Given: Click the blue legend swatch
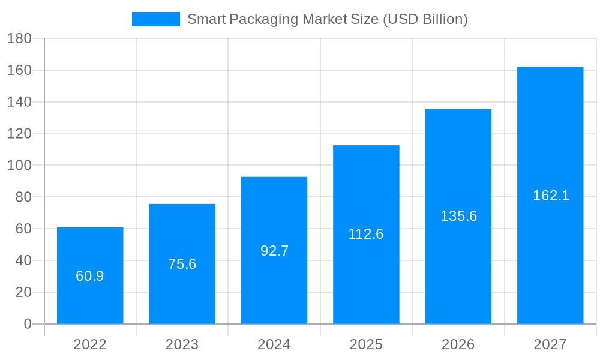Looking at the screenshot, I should click(x=155, y=19).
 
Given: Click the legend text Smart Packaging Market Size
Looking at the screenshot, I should click(x=327, y=19).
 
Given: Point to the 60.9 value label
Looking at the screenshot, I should click(x=90, y=276).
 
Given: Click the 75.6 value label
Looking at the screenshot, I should click(x=182, y=264).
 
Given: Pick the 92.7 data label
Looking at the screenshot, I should click(x=274, y=251).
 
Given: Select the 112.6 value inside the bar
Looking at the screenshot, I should click(x=366, y=234).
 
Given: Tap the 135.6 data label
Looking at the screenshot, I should click(x=458, y=216).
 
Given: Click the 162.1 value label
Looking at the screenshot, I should click(x=550, y=196).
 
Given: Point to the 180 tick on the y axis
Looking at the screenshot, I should click(x=19, y=38).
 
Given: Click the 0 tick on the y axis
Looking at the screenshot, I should click(x=28, y=324).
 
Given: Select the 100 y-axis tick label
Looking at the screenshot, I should click(x=19, y=166).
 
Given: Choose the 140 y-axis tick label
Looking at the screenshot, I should click(x=19, y=102).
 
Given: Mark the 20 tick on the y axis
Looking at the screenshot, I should click(x=23, y=292).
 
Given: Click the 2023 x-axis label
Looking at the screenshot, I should click(x=182, y=344).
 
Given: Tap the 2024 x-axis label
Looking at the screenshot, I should click(x=274, y=344).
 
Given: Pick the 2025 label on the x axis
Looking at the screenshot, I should click(x=366, y=344).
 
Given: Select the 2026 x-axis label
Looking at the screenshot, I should click(x=458, y=344).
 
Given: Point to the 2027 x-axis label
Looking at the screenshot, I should click(x=550, y=344).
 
